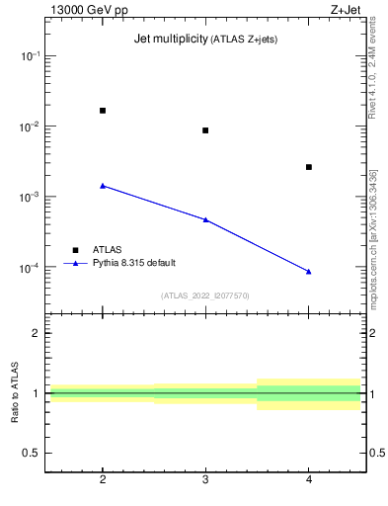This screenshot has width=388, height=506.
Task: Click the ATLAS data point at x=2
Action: point(103,111)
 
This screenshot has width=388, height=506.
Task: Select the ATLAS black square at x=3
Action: point(205,130)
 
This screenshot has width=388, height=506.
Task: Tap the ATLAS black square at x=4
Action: point(309,167)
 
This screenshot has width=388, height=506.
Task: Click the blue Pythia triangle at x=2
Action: point(103,185)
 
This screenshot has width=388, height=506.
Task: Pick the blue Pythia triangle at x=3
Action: point(205,219)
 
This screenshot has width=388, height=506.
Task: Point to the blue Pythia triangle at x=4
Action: point(309,271)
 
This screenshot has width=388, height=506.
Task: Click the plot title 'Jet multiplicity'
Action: point(169,39)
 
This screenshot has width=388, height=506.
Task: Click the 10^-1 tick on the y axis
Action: point(30,56)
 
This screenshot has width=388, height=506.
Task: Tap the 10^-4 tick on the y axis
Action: point(30,268)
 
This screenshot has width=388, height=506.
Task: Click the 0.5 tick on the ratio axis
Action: point(32,453)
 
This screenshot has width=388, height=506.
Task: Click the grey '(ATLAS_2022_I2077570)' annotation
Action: point(205,295)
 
